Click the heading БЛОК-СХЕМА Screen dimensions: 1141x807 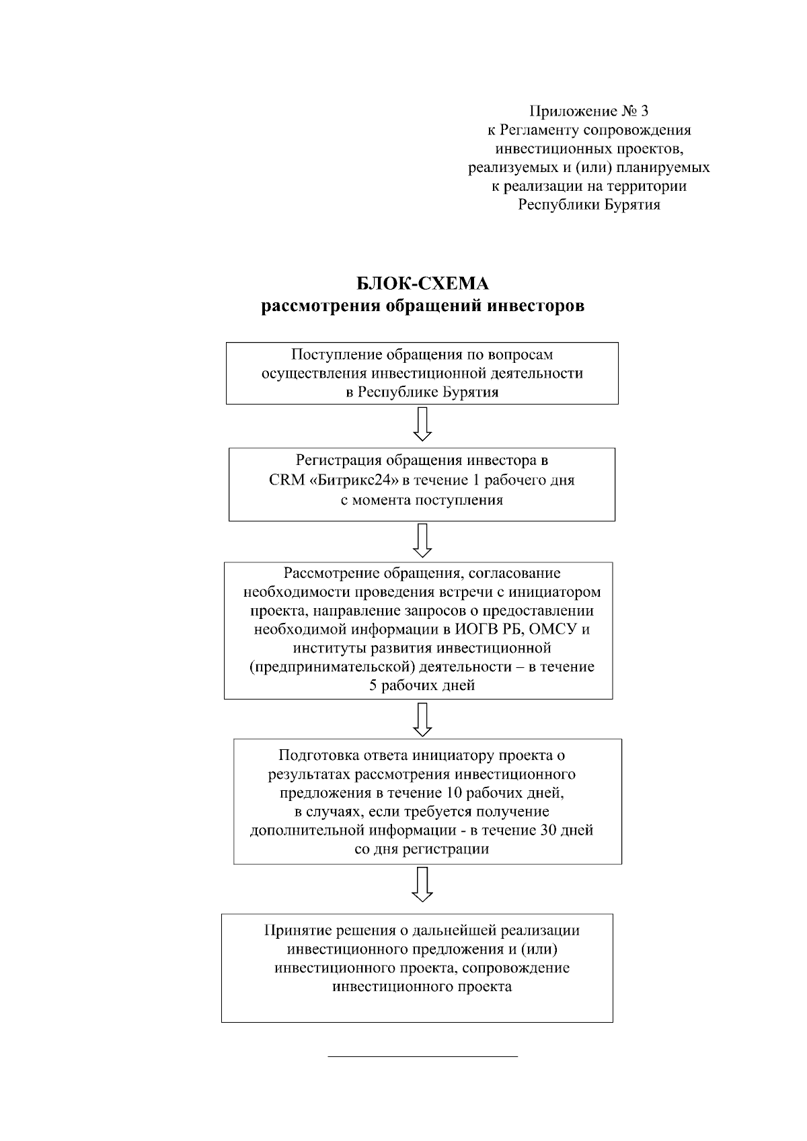click(422, 284)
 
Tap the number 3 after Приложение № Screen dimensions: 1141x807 click(644, 110)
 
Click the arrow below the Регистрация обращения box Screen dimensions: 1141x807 click(422, 540)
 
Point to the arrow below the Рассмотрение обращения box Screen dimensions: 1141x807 click(422, 719)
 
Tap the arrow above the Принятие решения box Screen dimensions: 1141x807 click(422, 884)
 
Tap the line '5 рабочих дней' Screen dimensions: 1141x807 click(422, 686)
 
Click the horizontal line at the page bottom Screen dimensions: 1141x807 click(422, 1057)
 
